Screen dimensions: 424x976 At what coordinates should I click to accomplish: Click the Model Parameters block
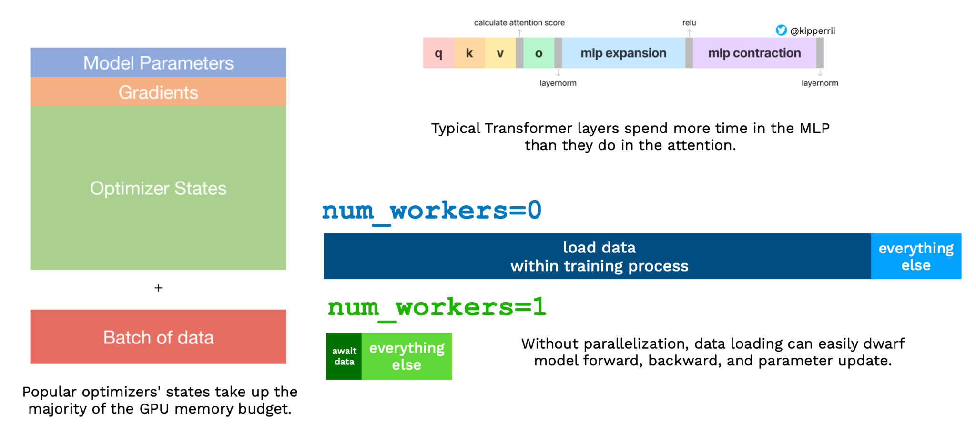(158, 62)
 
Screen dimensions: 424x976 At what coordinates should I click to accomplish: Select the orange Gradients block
(158, 92)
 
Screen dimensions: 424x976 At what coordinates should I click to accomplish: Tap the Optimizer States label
(158, 188)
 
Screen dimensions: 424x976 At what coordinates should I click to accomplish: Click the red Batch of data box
(158, 337)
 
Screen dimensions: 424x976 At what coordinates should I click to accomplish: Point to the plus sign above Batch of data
(158, 288)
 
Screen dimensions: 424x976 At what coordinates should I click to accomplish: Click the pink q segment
(438, 53)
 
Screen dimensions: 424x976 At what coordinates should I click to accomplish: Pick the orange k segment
(469, 53)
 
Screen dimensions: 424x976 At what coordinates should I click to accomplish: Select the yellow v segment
(500, 53)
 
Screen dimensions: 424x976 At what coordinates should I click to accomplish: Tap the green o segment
(539, 53)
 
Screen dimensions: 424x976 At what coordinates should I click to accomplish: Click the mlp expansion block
(623, 53)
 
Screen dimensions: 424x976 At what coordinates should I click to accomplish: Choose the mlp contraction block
(754, 53)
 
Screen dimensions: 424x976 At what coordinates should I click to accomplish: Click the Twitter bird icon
(781, 30)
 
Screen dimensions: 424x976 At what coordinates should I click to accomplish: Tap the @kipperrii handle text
(813, 31)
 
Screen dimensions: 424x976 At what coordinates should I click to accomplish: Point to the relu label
(689, 23)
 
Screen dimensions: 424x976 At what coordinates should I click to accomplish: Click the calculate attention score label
(519, 23)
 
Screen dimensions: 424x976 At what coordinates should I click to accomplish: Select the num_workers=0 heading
(432, 211)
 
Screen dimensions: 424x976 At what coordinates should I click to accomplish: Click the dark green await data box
(344, 356)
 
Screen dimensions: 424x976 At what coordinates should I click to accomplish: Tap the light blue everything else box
(916, 256)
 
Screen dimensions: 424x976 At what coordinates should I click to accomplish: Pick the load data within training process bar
(599, 256)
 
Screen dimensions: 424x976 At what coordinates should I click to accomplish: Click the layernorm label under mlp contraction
(820, 83)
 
